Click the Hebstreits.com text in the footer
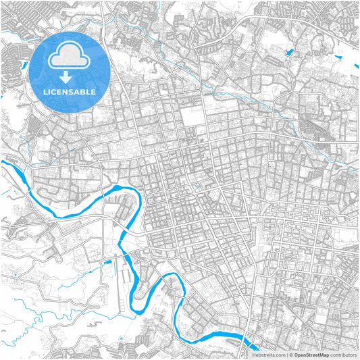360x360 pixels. [x=269, y=354]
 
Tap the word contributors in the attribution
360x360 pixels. [x=344, y=354]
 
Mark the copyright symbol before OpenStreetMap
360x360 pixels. [x=291, y=354]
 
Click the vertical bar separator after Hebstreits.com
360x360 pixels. [x=286, y=354]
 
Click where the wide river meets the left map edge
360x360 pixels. [x=3, y=163]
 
